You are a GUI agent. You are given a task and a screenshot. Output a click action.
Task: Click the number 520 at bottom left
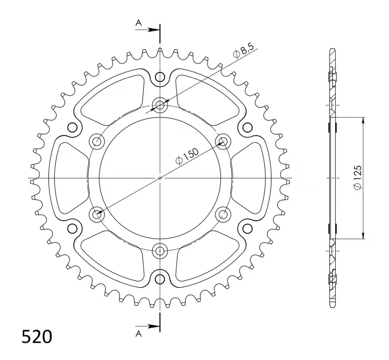[x=37, y=337]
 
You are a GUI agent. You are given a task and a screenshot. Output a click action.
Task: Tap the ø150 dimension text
[x=186, y=156]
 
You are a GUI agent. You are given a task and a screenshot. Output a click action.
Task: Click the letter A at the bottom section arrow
[x=139, y=333]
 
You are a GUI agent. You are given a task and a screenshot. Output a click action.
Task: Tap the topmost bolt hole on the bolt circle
[x=160, y=106]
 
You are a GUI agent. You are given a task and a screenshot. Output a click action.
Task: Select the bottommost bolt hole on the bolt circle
[x=160, y=251]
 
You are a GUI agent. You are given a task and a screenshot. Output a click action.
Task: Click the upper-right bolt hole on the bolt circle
[x=223, y=142]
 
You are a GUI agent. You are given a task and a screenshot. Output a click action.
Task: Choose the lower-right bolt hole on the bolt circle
[x=223, y=215]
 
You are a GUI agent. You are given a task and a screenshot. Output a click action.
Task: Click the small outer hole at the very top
[x=160, y=78]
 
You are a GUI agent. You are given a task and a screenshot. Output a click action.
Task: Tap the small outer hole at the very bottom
[x=160, y=279]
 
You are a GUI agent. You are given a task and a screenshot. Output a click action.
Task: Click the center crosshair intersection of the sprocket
[x=160, y=178]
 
